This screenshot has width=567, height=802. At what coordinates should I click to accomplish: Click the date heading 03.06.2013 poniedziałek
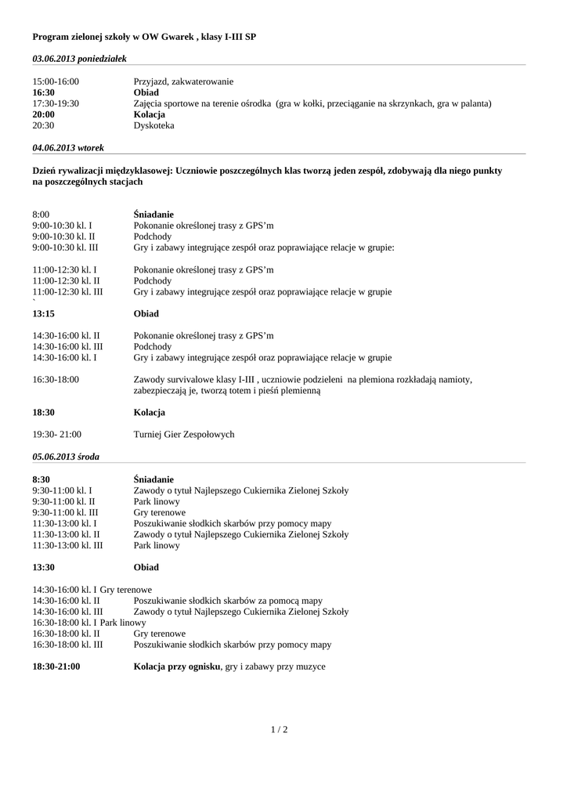79,59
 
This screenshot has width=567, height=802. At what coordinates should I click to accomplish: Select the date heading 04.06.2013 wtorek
68,147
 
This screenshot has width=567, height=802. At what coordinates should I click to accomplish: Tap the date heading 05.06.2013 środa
66,456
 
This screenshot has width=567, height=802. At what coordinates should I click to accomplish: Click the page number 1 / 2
279,730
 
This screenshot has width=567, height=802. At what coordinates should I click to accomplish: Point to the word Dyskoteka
154,125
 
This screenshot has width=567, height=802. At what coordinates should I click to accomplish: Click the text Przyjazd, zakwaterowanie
183,81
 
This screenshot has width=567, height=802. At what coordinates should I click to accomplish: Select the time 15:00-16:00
56,81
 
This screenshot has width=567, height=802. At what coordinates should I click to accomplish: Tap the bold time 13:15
43,314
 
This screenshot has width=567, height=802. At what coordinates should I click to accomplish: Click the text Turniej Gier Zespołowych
184,435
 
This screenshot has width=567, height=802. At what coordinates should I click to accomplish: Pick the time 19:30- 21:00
57,435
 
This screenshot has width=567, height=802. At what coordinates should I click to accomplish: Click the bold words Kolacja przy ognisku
177,667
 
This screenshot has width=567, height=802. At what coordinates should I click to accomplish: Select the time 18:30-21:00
56,667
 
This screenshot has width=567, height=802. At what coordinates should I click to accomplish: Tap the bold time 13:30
43,567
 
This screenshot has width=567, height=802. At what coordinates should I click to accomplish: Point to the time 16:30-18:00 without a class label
56,380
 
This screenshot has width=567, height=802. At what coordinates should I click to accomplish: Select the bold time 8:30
41,479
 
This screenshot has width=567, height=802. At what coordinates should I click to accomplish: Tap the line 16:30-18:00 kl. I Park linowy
84,623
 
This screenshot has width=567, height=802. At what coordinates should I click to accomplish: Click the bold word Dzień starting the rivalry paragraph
47,170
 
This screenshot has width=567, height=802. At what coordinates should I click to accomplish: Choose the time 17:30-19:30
56,103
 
